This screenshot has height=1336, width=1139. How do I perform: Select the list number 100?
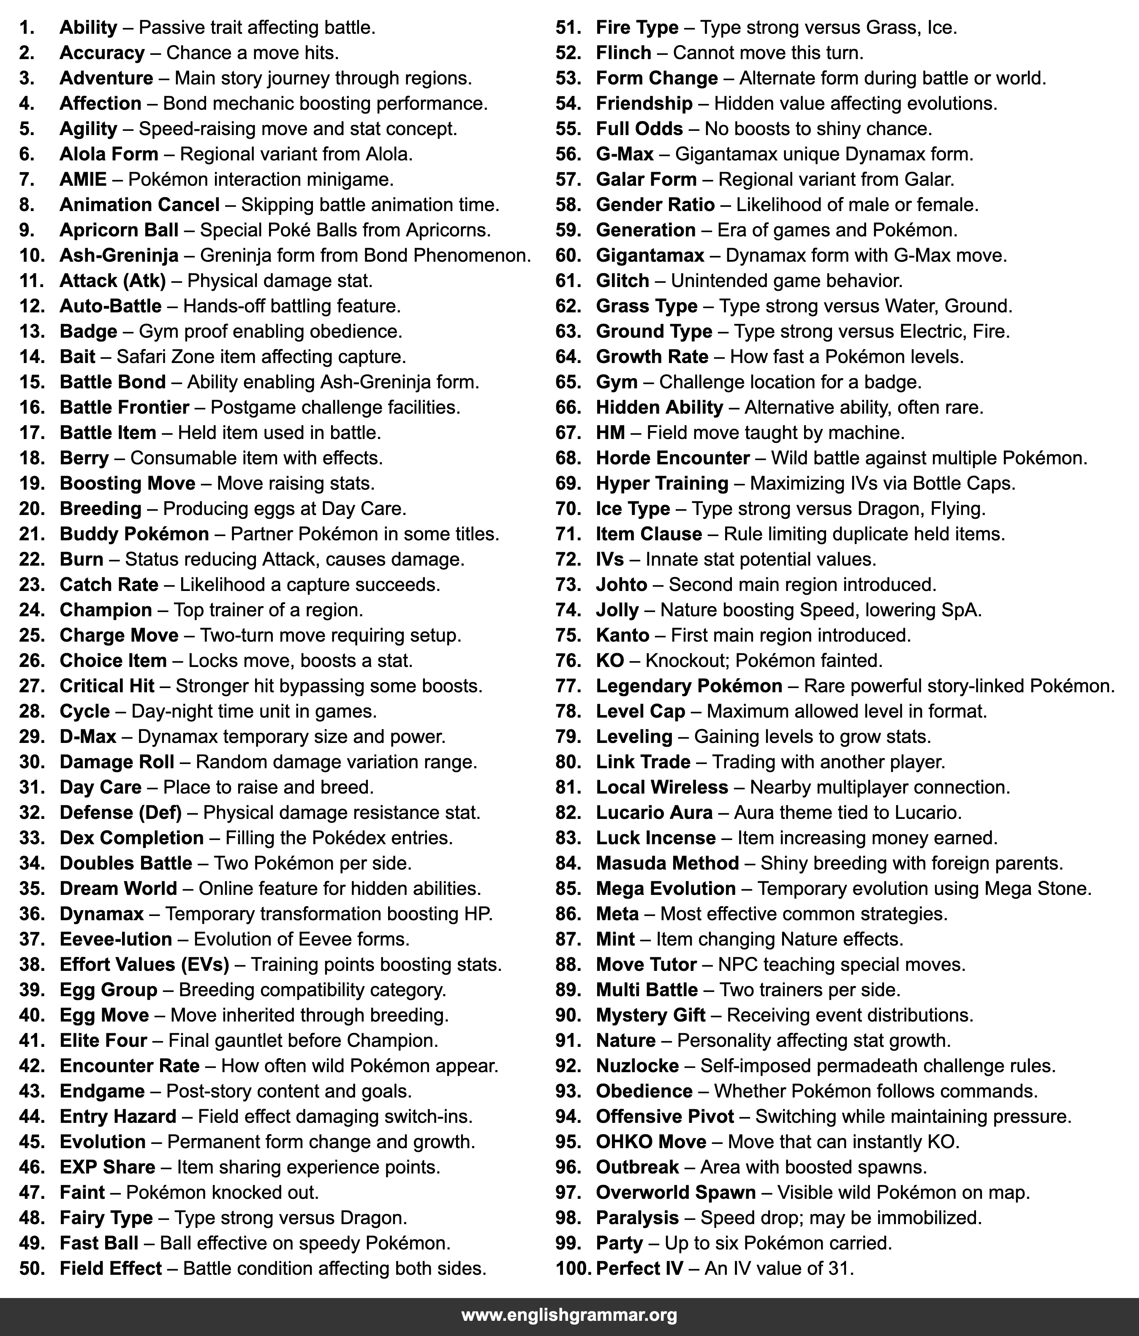(x=573, y=1268)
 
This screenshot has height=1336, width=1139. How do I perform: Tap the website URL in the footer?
(x=569, y=1315)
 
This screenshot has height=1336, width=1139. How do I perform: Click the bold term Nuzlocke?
(x=637, y=1066)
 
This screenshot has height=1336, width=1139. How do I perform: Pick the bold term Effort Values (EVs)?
(x=144, y=965)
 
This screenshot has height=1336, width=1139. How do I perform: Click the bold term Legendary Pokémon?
(x=689, y=686)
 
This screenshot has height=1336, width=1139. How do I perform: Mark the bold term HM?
(x=610, y=433)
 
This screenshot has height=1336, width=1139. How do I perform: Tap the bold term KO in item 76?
(x=609, y=661)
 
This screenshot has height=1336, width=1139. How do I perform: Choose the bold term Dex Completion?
(x=132, y=838)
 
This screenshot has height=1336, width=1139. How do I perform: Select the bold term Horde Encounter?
(x=673, y=458)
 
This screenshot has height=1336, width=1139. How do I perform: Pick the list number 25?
(x=32, y=635)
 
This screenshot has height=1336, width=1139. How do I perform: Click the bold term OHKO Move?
(x=651, y=1142)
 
